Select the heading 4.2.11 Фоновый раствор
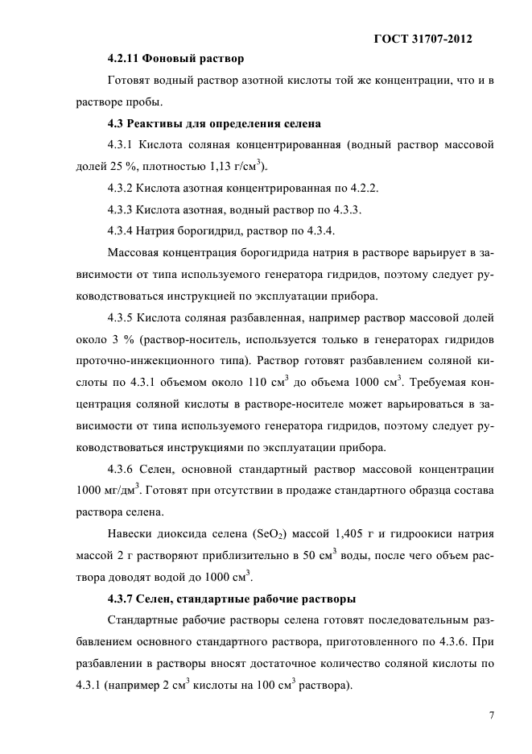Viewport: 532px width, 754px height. click(x=175, y=60)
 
